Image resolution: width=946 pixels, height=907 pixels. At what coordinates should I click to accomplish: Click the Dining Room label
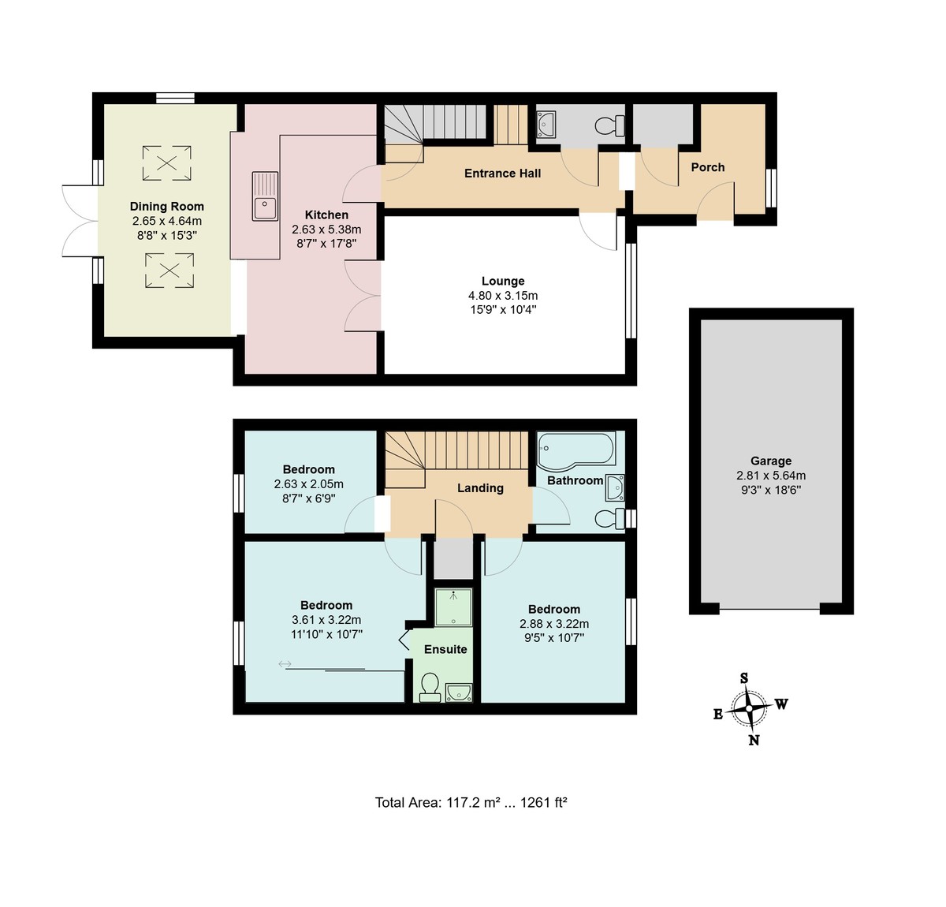[167, 206]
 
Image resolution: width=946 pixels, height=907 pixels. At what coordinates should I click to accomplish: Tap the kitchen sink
[265, 196]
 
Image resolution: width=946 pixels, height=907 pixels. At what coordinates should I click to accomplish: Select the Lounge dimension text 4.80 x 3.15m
[503, 295]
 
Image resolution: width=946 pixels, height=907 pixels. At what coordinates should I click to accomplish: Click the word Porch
[708, 167]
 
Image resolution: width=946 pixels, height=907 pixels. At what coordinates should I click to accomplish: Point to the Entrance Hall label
[502, 174]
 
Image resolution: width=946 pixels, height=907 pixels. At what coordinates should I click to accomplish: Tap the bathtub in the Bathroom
[575, 451]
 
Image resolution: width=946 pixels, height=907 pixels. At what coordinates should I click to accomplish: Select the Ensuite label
[445, 649]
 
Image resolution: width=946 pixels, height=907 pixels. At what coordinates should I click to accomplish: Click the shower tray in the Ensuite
[453, 607]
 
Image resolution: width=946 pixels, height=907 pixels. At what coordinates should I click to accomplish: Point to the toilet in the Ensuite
[430, 688]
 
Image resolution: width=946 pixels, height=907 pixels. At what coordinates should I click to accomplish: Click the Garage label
[771, 461]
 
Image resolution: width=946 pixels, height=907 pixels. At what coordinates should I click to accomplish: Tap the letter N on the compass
[754, 740]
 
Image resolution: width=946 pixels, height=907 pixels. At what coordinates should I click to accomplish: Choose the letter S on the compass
[743, 678]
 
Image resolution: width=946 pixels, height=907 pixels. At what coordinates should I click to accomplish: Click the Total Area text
[471, 802]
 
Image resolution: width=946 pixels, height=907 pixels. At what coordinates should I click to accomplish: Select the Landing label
[480, 487]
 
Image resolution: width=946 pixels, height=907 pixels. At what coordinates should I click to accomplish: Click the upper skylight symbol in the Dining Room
[167, 163]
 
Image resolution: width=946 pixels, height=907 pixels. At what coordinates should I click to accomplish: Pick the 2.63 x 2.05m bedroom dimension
[309, 484]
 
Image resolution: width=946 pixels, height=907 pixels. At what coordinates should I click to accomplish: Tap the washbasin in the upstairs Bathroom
[615, 487]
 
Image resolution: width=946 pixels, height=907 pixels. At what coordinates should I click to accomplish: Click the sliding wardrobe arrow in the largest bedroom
[285, 664]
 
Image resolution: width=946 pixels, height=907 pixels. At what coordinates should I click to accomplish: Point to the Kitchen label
[326, 215]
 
